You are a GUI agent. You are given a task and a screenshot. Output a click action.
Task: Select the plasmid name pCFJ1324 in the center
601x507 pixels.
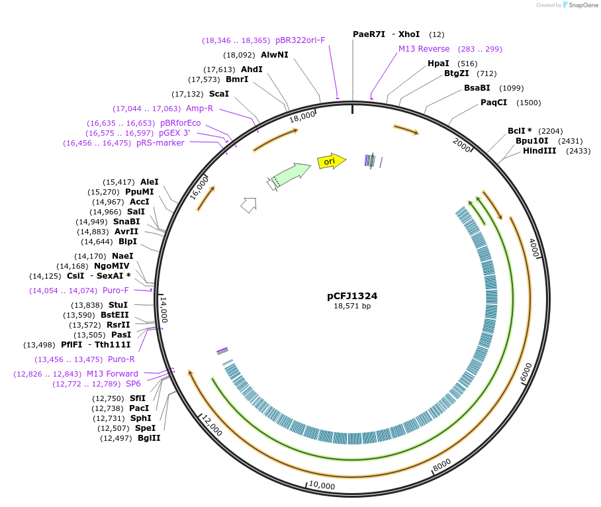(352, 296)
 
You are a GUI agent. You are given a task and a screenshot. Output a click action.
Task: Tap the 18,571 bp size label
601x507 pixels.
(352, 306)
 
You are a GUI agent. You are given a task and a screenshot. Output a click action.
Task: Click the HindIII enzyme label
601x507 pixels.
(539, 151)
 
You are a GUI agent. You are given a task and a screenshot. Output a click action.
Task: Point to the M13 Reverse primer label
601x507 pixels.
(424, 49)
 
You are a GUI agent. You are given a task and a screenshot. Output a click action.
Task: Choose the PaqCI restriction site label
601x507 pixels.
(494, 103)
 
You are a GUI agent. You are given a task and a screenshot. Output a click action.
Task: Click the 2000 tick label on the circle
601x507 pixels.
(462, 143)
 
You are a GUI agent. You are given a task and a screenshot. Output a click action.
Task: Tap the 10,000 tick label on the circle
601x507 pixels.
(322, 485)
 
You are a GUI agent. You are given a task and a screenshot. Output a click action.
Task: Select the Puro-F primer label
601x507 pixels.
(116, 291)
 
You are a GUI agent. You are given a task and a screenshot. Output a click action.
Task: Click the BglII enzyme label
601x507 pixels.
(149, 438)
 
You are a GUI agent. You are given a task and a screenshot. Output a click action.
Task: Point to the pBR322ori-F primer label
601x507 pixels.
(300, 40)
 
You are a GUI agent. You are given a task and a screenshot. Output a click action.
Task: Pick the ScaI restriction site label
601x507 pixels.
(218, 94)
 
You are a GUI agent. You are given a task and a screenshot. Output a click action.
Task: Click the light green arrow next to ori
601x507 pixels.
(291, 174)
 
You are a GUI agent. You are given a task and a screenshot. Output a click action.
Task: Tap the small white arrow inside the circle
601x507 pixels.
(248, 205)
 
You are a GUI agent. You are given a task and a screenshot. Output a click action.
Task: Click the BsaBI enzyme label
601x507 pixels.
(477, 88)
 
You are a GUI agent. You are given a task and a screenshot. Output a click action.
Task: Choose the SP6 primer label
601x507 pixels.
(133, 384)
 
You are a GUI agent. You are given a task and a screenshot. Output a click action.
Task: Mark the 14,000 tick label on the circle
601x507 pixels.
(163, 309)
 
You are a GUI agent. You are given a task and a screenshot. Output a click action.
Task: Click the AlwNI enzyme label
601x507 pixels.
(275, 56)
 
